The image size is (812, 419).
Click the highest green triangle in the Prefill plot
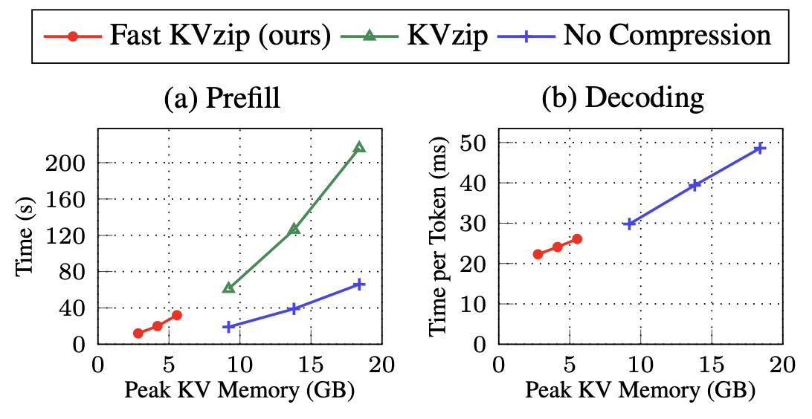click(359, 147)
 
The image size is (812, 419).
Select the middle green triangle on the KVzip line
click(294, 229)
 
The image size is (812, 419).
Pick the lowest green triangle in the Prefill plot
click(228, 288)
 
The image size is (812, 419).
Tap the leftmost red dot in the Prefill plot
click(138, 334)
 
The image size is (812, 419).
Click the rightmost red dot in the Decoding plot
click(577, 238)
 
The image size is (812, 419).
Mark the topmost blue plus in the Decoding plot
click(760, 149)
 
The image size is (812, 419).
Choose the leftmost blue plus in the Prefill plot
click(228, 326)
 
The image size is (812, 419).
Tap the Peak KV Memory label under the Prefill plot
click(239, 391)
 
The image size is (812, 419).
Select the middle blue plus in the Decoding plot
click(695, 185)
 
